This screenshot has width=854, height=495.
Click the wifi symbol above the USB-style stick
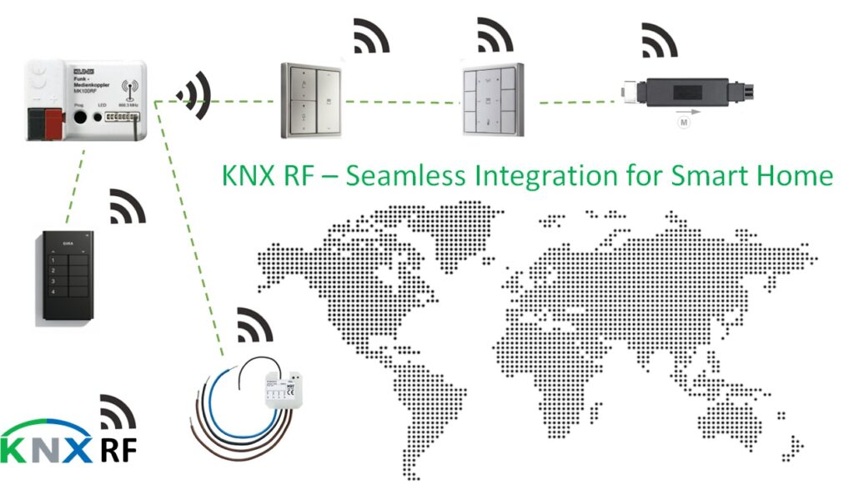click(x=660, y=38)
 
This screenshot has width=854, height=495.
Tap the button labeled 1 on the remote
click(x=52, y=261)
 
